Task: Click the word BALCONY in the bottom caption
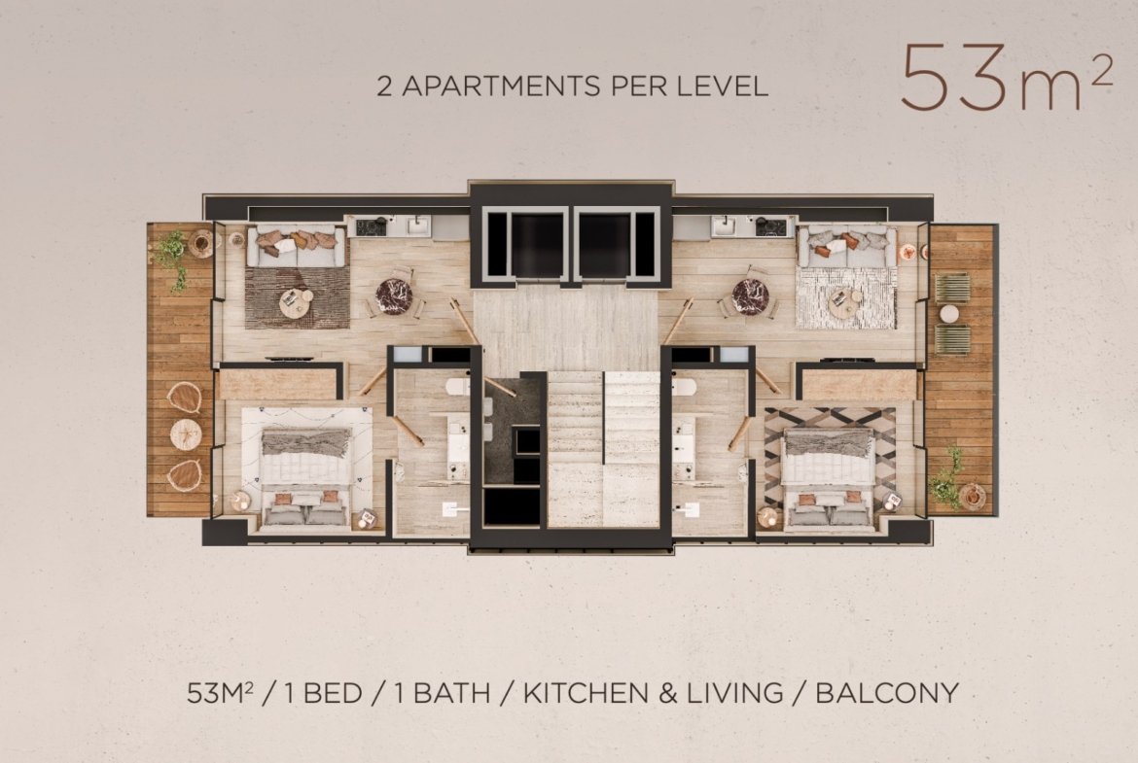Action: click(x=887, y=693)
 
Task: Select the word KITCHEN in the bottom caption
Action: click(x=587, y=693)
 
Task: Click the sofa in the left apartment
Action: click(x=296, y=247)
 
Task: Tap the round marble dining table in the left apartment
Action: click(x=394, y=295)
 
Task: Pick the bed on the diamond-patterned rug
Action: click(x=828, y=476)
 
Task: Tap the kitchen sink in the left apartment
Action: click(x=416, y=226)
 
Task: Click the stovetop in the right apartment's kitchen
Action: click(x=770, y=227)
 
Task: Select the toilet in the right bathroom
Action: click(x=684, y=387)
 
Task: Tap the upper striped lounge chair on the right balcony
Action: click(x=951, y=288)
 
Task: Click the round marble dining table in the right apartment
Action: click(x=750, y=295)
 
